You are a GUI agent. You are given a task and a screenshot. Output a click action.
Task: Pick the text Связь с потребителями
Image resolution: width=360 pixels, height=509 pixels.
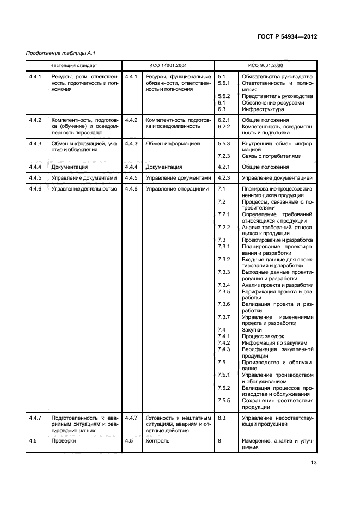271,156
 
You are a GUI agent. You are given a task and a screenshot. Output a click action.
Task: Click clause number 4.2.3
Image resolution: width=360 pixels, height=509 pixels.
224,177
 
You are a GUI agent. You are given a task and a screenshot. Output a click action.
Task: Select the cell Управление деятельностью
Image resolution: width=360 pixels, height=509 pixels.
84,188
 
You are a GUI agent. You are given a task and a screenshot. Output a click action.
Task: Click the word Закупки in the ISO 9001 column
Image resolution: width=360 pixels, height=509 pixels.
252,329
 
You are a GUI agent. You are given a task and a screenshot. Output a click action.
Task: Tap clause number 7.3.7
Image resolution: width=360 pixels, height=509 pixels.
224,317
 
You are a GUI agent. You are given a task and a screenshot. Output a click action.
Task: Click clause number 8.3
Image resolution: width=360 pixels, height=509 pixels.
222,418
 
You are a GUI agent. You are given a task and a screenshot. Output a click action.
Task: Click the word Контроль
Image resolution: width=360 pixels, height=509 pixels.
157,441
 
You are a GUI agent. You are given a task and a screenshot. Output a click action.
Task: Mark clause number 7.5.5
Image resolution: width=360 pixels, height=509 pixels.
224,400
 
